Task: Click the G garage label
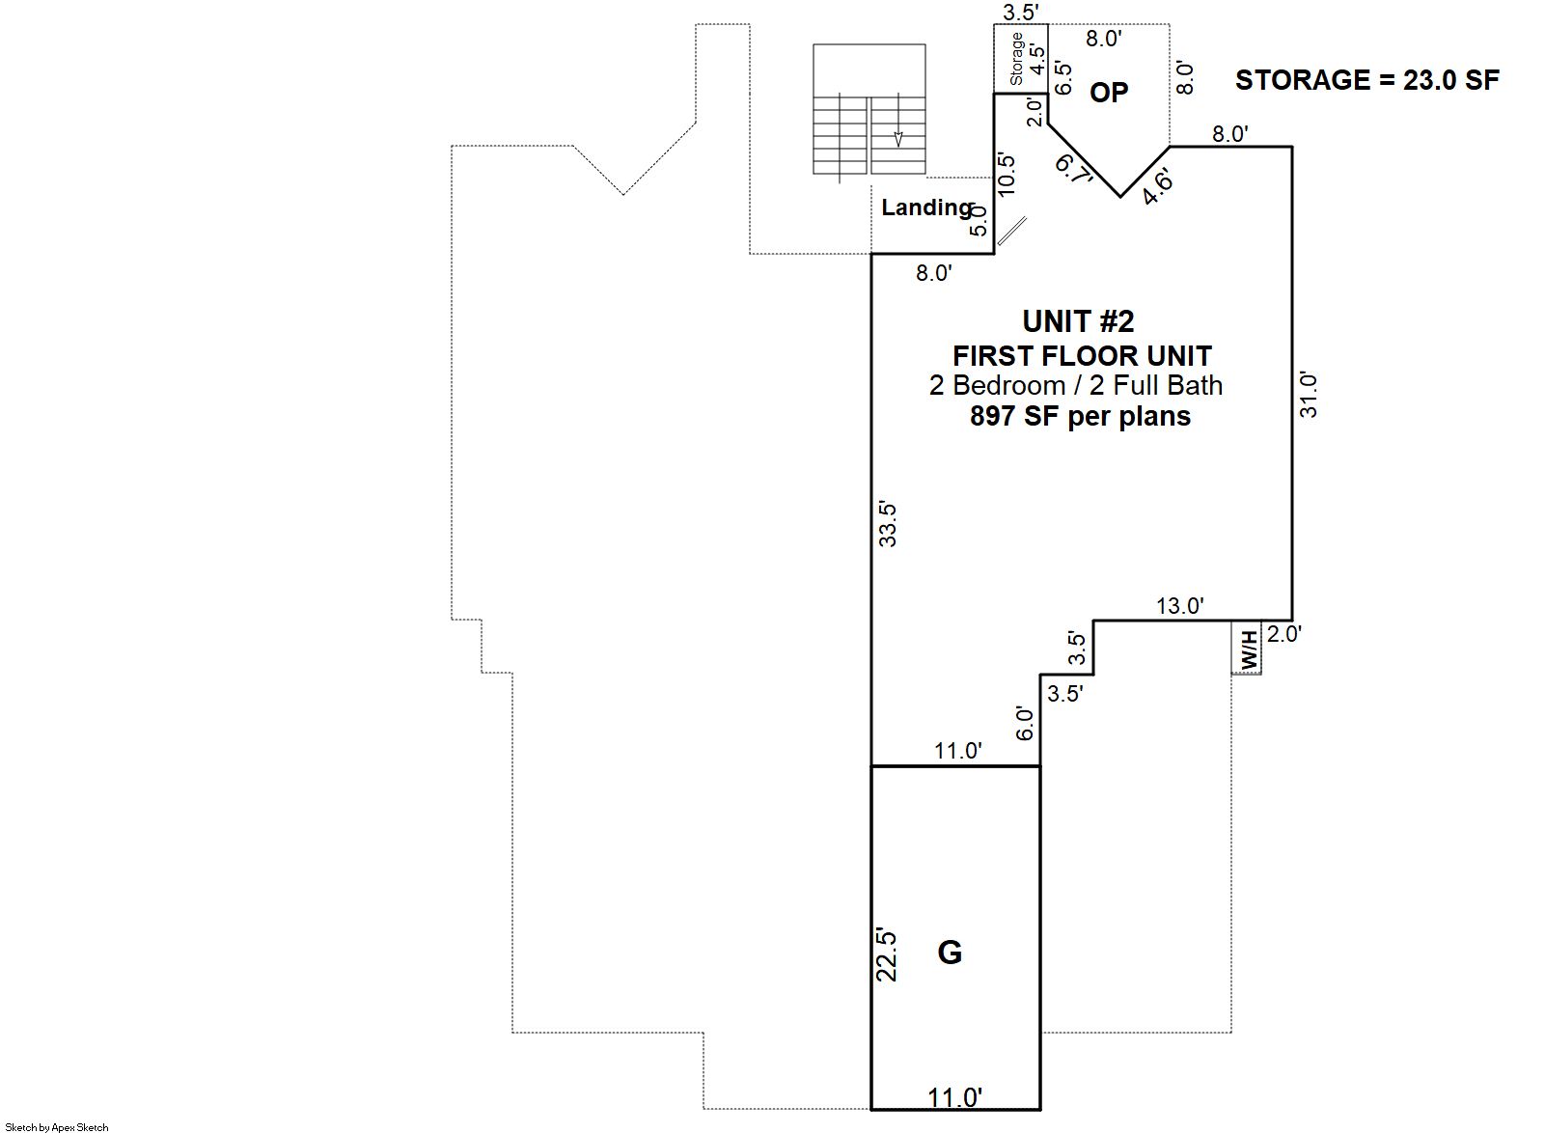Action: pyautogui.click(x=950, y=953)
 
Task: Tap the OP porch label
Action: pyautogui.click(x=1109, y=93)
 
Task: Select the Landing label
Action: pyautogui.click(x=927, y=207)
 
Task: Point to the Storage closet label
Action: pyautogui.click(x=1016, y=59)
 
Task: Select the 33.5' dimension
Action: pyautogui.click(x=888, y=525)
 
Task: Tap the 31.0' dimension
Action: pyautogui.click(x=1309, y=395)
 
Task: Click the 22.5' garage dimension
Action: pyautogui.click(x=886, y=955)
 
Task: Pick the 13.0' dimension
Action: pyautogui.click(x=1180, y=605)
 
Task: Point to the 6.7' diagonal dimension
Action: pyautogui.click(x=1075, y=169)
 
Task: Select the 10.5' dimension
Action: pyautogui.click(x=1007, y=174)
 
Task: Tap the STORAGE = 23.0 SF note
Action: pyautogui.click(x=1367, y=80)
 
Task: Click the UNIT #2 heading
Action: pyautogui.click(x=1078, y=321)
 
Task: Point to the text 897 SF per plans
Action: pyautogui.click(x=1080, y=417)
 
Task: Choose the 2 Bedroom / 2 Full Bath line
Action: pyautogui.click(x=1076, y=385)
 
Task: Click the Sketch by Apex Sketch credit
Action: pyautogui.click(x=57, y=1127)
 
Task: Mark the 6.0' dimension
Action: pyautogui.click(x=1026, y=724)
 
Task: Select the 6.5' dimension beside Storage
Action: pyautogui.click(x=1064, y=78)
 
